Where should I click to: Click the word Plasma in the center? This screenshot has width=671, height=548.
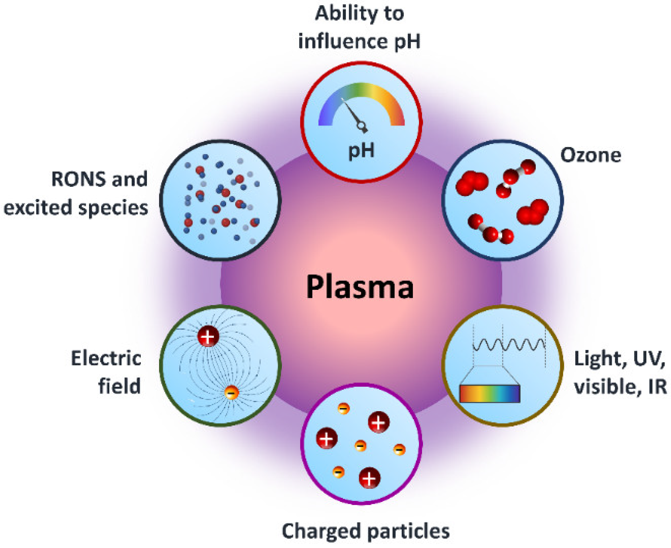(x=360, y=287)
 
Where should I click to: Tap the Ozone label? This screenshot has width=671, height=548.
(x=591, y=155)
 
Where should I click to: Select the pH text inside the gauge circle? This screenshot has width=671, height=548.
(x=361, y=151)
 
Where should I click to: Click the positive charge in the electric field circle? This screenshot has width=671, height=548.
(x=208, y=337)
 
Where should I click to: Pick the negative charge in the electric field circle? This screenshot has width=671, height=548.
(x=231, y=393)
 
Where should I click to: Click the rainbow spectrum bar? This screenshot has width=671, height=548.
(x=490, y=394)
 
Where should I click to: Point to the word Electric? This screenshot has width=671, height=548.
(x=106, y=359)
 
